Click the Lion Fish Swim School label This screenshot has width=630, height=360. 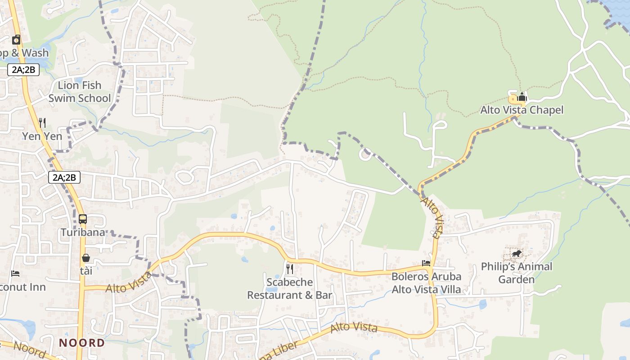[79, 92]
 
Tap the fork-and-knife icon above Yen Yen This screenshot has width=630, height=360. [42, 122]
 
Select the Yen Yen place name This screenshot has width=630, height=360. [42, 136]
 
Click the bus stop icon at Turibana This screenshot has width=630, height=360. [83, 219]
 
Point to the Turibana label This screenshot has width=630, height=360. [83, 233]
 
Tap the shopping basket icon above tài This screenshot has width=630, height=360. [86, 258]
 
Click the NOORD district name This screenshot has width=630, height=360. [82, 343]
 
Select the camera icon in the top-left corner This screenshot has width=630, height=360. [16, 40]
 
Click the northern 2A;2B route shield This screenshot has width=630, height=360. [23, 70]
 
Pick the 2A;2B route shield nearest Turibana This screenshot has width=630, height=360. [64, 177]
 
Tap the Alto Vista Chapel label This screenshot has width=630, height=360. [522, 110]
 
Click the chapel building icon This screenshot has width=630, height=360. [522, 97]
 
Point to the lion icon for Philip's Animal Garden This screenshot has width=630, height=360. [517, 254]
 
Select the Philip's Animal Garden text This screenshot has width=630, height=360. [517, 273]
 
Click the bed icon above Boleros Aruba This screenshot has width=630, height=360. [426, 263]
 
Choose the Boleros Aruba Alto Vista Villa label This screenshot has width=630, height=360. [426, 283]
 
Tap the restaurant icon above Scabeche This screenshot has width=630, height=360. [290, 269]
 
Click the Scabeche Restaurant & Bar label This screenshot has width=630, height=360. [290, 289]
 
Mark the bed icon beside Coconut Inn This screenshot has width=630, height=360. [15, 274]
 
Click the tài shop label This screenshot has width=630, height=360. [86, 271]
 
